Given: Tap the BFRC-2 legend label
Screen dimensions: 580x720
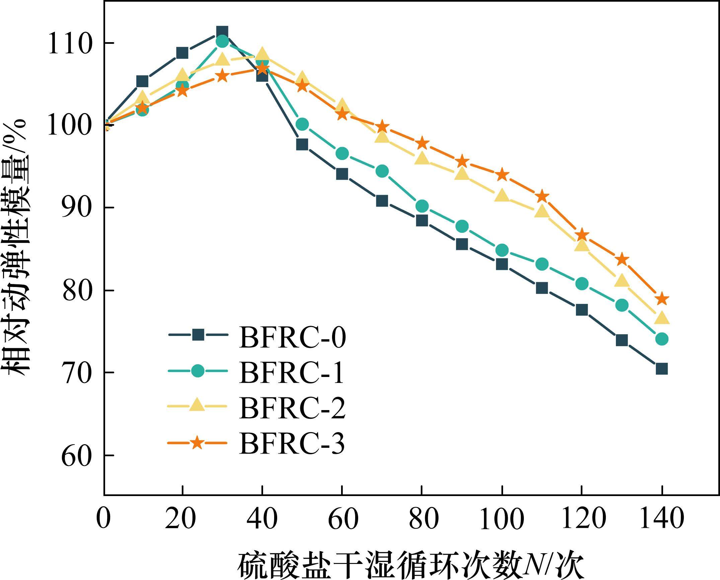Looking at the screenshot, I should (x=292, y=408).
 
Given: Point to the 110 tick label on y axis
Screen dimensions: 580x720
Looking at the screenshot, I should (x=70, y=43).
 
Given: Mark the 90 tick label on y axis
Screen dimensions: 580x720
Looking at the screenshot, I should (x=76, y=208).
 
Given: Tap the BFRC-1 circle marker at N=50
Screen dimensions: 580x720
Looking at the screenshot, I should (x=302, y=124).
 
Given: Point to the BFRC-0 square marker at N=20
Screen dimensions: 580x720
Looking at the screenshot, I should (x=182, y=53).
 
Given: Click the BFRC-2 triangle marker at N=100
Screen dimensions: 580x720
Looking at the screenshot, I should (x=502, y=195).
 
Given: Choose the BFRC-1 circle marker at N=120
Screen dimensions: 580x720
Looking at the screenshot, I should (x=582, y=284).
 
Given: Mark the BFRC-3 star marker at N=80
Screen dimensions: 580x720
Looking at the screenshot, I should (x=422, y=143).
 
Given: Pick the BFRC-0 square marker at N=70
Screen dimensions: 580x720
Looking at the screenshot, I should (x=382, y=201).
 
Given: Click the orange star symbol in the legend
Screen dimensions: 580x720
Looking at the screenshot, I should (x=197, y=443).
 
